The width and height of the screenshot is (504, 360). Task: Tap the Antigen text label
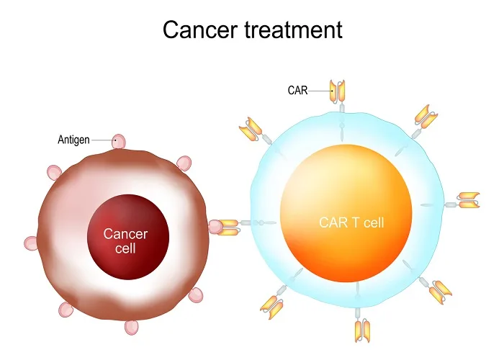click(73, 140)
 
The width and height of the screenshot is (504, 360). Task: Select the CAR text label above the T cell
click(298, 90)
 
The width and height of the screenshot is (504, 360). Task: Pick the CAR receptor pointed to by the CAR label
click(338, 90)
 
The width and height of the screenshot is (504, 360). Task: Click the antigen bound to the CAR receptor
click(215, 228)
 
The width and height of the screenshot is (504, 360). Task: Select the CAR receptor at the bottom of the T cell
click(362, 329)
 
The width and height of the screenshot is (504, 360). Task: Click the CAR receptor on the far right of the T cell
click(469, 200)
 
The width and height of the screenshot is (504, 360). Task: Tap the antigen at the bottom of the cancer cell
click(131, 328)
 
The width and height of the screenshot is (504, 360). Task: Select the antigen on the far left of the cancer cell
click(31, 243)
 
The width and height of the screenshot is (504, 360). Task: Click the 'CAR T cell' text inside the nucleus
click(351, 222)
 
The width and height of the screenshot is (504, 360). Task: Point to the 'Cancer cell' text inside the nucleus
click(125, 241)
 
